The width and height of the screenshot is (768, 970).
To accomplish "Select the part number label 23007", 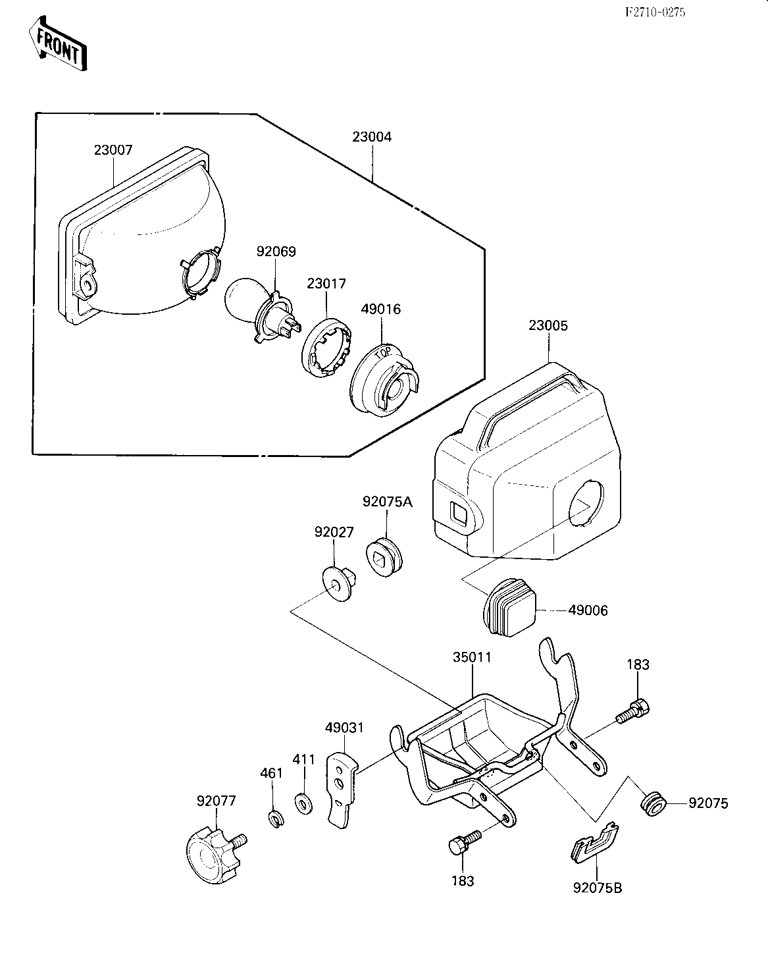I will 113,150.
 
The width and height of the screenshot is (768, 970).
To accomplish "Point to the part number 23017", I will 326,283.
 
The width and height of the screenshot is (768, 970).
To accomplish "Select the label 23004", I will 372,137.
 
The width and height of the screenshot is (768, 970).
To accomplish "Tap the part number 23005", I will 548,325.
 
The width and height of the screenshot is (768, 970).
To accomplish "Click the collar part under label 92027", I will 340,583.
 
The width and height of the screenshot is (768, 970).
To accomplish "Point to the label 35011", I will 472,657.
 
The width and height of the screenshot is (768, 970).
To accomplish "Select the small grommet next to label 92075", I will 653,805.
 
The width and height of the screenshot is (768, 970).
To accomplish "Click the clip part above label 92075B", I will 594,842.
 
